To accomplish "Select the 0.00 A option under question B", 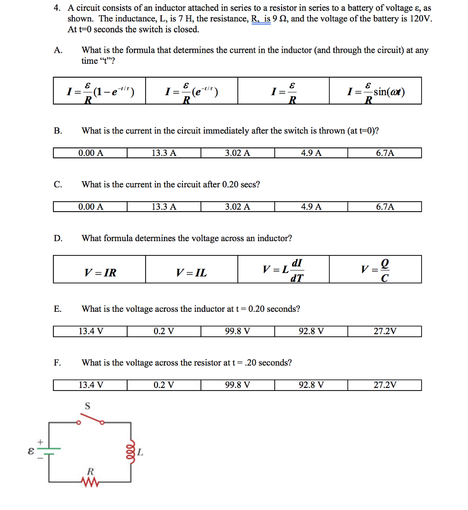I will click(91, 153).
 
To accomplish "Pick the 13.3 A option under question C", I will click(164, 207).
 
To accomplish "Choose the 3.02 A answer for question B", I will click(238, 153).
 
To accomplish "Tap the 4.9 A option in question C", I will click(311, 207).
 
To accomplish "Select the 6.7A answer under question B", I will click(385, 153).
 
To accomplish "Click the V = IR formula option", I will click(100, 272).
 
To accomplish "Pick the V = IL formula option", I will click(191, 272).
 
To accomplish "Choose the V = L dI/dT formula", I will click(283, 270).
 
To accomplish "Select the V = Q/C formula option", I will click(375, 270).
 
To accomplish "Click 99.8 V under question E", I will click(238, 331).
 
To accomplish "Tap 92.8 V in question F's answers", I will click(311, 385).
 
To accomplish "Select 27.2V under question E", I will click(385, 331).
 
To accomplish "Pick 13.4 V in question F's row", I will click(91, 385).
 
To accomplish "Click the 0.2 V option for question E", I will click(164, 331).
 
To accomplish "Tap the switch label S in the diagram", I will click(87, 406).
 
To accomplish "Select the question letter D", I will click(58, 238).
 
